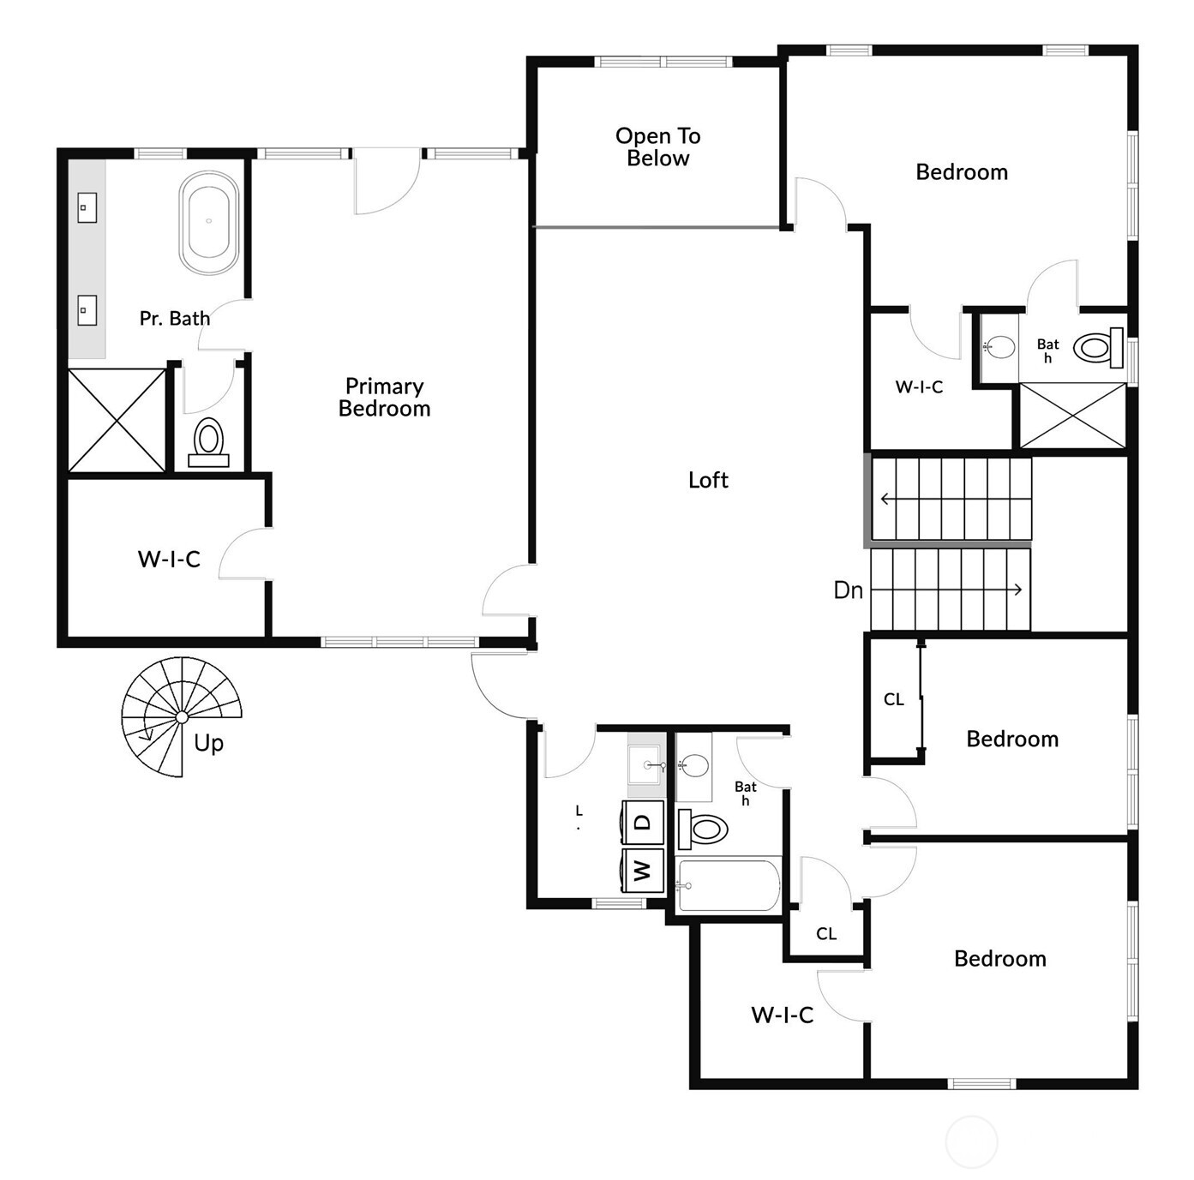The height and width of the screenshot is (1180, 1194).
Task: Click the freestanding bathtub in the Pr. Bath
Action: coord(208,223)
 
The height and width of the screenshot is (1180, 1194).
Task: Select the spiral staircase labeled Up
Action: coord(181,716)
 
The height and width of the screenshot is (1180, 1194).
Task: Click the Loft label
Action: coord(708,480)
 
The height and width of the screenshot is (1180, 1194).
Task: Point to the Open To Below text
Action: coord(657,147)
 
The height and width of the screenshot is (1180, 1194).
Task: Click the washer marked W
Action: coord(643,871)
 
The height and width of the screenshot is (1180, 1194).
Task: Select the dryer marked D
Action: coord(643,823)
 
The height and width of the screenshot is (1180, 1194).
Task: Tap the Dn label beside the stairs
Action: coord(848,590)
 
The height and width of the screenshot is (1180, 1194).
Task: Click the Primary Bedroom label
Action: coord(384,398)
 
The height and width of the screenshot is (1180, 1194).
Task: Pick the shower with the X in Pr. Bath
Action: coord(117,420)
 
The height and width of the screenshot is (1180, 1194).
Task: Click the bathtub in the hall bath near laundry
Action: coord(728,886)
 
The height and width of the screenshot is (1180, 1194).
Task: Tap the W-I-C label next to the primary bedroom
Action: coord(169,560)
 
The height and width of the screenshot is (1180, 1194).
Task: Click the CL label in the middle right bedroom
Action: coord(893,699)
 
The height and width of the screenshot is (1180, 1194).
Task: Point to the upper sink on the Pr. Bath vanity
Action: coord(87,207)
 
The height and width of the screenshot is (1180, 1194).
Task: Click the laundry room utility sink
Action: coord(645,764)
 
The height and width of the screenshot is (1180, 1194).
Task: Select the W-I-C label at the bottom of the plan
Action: coord(782,1015)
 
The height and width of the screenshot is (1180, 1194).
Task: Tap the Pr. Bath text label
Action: coord(175,319)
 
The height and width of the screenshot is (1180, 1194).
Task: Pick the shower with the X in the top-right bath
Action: coord(1072,416)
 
